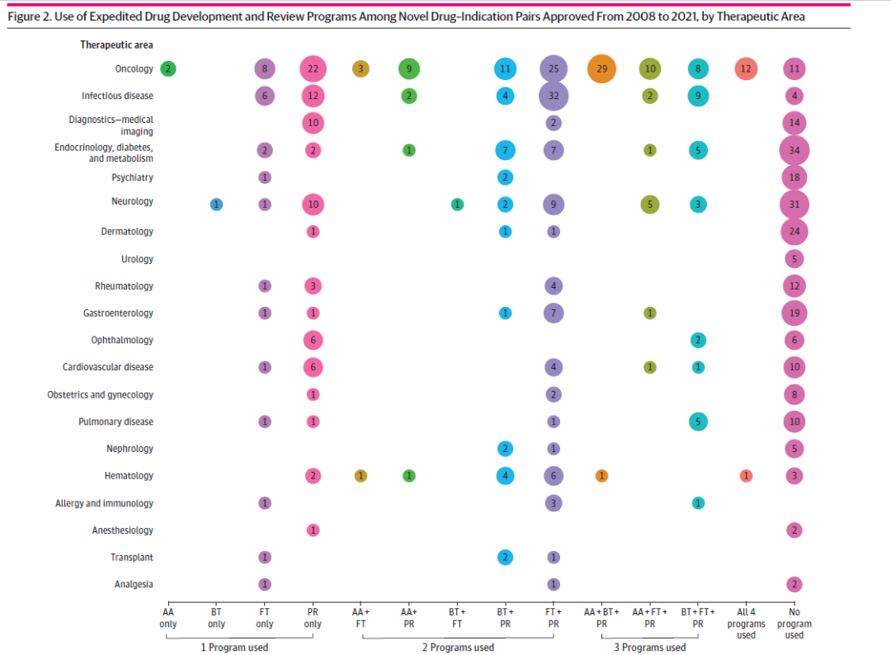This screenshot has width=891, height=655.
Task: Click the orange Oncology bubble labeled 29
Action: click(x=601, y=69)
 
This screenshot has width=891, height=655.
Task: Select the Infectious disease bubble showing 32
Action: click(x=553, y=97)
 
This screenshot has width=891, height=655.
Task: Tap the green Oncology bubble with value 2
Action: click(x=167, y=69)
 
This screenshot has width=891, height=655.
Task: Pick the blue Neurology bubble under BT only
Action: click(x=216, y=205)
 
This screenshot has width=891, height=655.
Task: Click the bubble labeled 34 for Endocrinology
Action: click(x=794, y=151)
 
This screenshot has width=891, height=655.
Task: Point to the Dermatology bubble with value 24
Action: click(x=794, y=232)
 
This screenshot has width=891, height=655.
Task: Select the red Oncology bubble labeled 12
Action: click(x=745, y=69)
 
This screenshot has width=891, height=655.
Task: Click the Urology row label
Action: click(x=137, y=259)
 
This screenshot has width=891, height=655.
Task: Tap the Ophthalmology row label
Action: click(x=122, y=340)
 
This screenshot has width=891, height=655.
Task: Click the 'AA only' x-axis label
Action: click(x=167, y=618)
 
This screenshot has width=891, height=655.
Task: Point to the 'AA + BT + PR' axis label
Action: click(x=601, y=618)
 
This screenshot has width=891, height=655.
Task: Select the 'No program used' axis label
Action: click(x=794, y=624)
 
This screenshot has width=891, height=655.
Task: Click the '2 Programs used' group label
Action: click(x=458, y=648)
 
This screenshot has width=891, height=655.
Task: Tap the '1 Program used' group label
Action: click(x=235, y=648)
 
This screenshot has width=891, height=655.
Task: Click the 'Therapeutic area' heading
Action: click(x=116, y=45)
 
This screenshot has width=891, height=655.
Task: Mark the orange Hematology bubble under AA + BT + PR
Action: click(x=601, y=476)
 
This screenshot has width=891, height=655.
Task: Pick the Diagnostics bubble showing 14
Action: click(x=794, y=124)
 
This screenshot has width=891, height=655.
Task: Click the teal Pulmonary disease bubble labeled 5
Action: click(x=698, y=422)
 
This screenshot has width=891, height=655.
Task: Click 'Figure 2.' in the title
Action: click(x=30, y=16)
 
